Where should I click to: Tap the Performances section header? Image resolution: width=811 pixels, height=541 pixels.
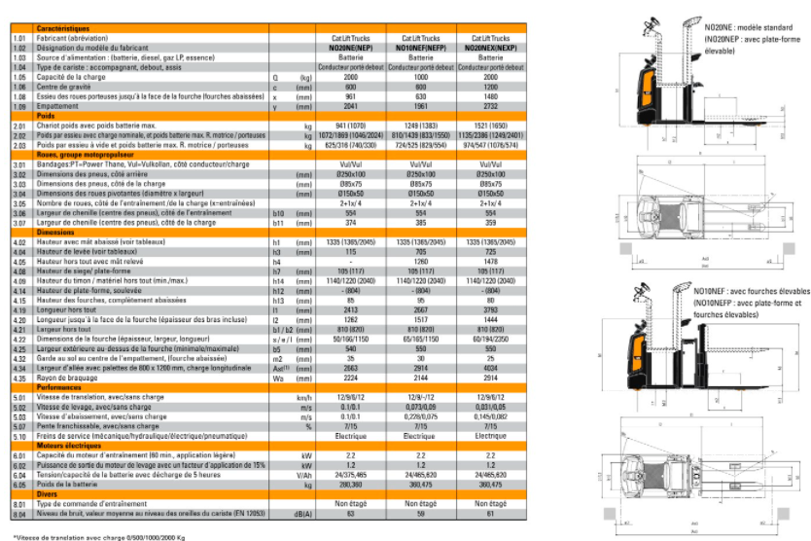point(59,386)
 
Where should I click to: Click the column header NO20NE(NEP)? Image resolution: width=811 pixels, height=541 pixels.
point(351,46)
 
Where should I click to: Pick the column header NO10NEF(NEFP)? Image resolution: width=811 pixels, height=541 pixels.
point(421,46)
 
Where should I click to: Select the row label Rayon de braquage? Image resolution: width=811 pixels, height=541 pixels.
point(66,379)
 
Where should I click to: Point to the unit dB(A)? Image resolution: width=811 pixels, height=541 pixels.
point(304,513)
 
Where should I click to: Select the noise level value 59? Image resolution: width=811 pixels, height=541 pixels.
point(421,513)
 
